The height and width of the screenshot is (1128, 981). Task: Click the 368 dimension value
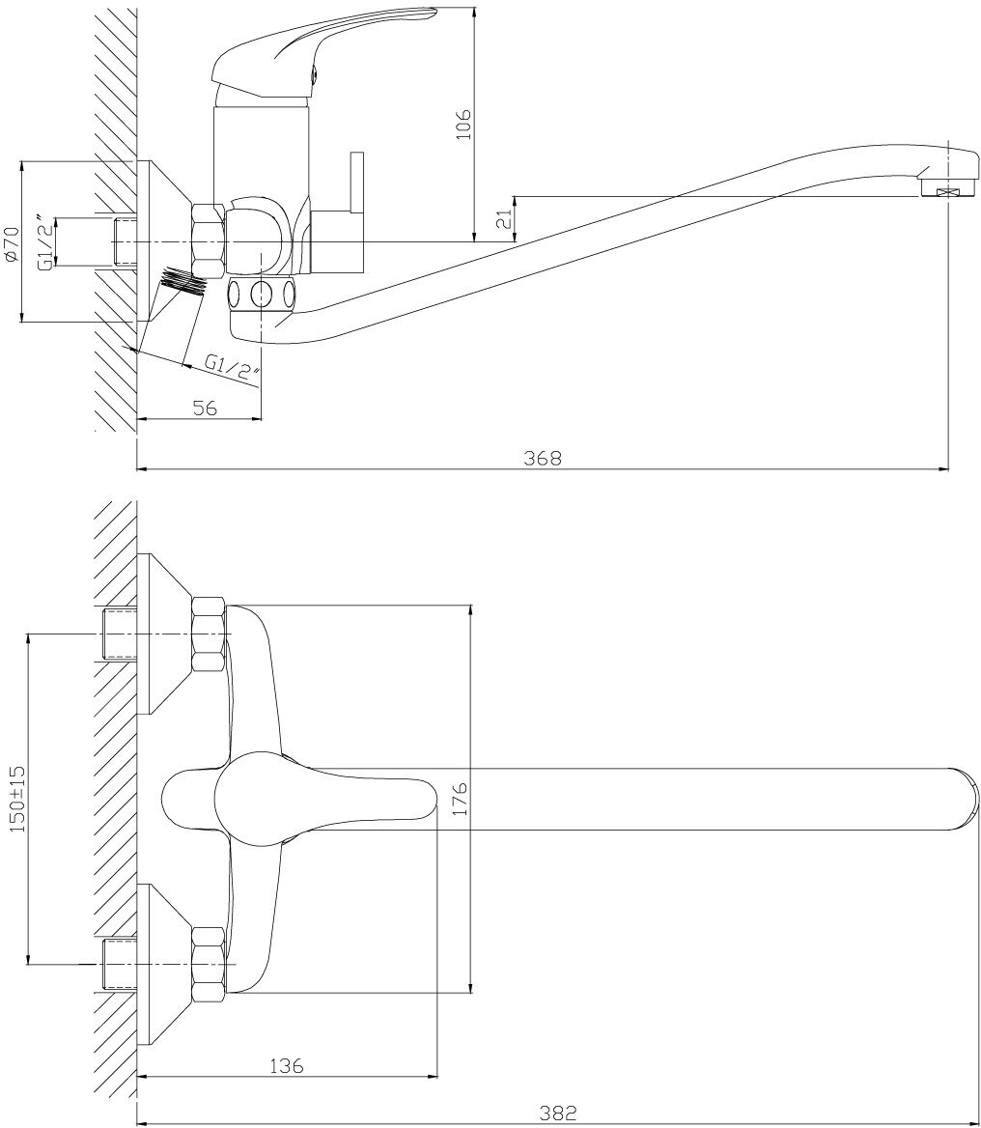coord(543,458)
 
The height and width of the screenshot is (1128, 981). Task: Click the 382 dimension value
coord(558,1114)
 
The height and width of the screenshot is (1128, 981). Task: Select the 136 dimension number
coord(286,1065)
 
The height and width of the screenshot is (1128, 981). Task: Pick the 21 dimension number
coord(503,219)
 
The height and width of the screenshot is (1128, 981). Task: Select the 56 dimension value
coord(204,408)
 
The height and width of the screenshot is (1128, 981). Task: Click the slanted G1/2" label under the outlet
coord(233,368)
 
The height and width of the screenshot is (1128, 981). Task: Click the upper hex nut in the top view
coord(209,634)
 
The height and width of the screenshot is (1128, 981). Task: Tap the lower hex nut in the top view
coord(209,962)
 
